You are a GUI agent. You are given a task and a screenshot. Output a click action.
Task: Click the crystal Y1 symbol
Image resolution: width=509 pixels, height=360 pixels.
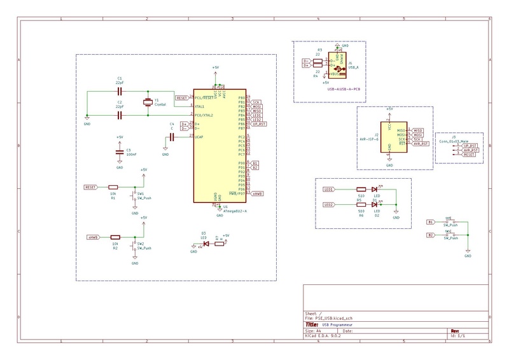click(x=148, y=102)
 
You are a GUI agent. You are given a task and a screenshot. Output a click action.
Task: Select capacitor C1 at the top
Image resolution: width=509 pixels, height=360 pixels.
click(x=119, y=90)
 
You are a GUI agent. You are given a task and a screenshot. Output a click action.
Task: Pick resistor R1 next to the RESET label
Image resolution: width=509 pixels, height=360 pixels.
click(x=115, y=188)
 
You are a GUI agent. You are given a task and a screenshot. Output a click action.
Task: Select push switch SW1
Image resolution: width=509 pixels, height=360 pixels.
click(x=134, y=194)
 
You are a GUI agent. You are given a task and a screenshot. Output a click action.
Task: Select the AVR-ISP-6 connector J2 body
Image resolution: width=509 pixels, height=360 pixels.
click(x=389, y=137)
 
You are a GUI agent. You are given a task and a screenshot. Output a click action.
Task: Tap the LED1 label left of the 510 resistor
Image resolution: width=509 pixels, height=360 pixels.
click(x=329, y=190)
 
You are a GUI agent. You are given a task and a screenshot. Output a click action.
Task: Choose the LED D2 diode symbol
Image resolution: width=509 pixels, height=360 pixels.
click(x=375, y=205)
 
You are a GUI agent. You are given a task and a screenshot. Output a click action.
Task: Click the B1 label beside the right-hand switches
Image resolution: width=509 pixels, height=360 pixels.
click(x=431, y=222)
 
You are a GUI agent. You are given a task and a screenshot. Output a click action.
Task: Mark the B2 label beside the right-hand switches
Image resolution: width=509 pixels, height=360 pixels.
click(x=431, y=235)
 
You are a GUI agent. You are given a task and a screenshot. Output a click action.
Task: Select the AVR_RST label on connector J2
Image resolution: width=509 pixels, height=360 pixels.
click(x=421, y=144)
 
